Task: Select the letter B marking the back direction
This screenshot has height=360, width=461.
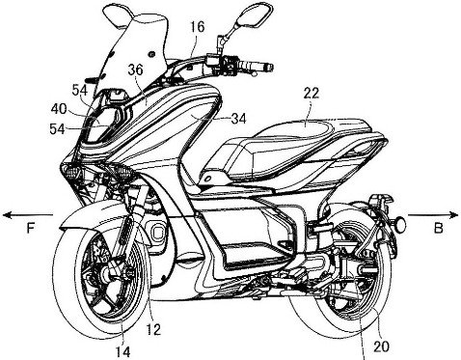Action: pyautogui.click(x=440, y=230)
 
